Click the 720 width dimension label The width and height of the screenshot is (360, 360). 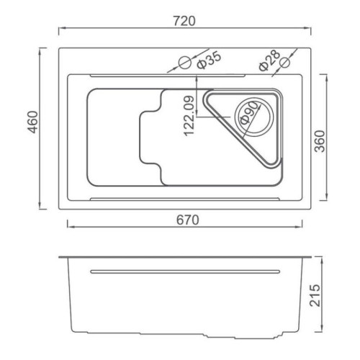point(184,21)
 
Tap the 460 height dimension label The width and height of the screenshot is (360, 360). point(32,122)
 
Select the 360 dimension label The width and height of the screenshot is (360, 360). point(320,141)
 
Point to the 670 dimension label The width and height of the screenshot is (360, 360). point(188,220)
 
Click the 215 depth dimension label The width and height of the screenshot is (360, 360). point(315,295)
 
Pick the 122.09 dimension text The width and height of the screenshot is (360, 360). point(189,116)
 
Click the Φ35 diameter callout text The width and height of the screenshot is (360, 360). point(208,60)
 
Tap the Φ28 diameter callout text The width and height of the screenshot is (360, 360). point(269,60)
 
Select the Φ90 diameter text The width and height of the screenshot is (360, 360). point(249,113)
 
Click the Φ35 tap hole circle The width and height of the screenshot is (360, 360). point(185,62)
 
